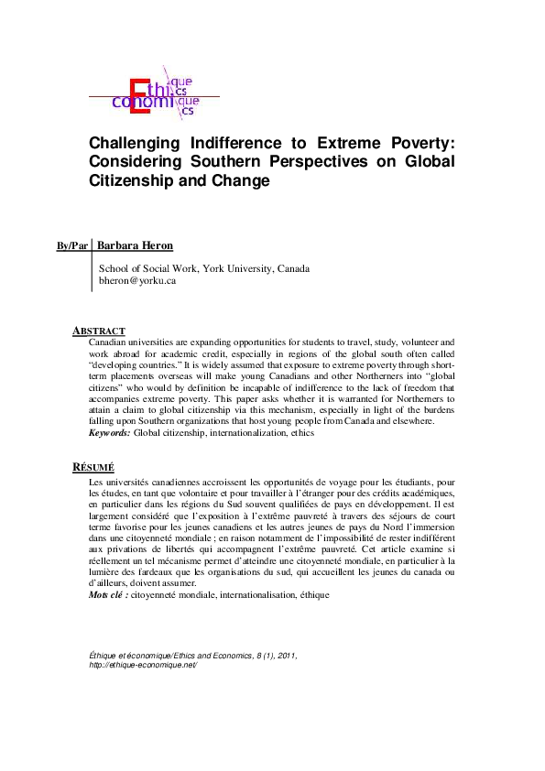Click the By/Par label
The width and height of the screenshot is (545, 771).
pyautogui.click(x=72, y=246)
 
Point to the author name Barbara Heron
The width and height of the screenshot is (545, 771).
pyautogui.click(x=136, y=245)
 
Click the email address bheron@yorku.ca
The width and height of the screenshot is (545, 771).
pyautogui.click(x=136, y=281)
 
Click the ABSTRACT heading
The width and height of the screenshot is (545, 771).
pyautogui.click(x=99, y=331)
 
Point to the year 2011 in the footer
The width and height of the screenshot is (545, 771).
pyautogui.click(x=285, y=656)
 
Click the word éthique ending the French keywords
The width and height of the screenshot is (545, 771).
pyautogui.click(x=309, y=594)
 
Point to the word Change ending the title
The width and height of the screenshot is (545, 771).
pyautogui.click(x=245, y=180)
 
